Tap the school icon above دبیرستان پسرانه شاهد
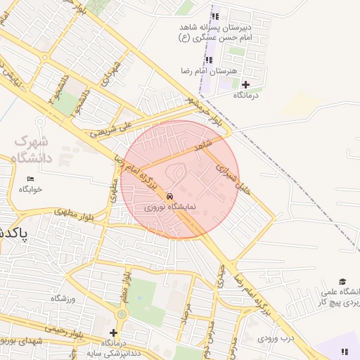[215, 15]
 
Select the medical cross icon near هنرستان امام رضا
[245, 84]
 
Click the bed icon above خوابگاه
[30, 179]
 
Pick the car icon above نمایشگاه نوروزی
[170, 195]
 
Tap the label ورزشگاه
[62, 299]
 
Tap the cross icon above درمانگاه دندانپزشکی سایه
[113, 332]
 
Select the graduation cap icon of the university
[342, 281]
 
